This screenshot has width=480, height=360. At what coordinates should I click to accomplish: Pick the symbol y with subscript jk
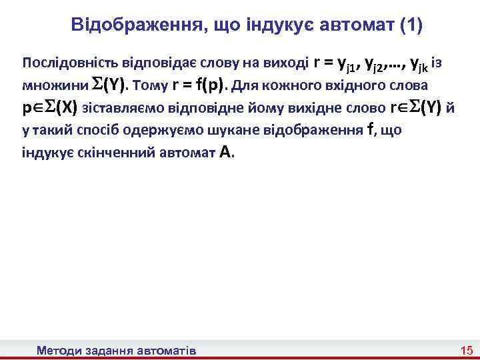coord(419,65)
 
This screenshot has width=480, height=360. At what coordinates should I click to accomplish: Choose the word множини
coord(45,86)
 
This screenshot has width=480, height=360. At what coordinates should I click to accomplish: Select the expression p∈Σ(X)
coord(50,108)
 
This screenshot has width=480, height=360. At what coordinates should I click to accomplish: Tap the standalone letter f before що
coord(370,129)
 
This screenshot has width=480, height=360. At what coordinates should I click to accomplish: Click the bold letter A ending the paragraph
coord(225,152)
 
